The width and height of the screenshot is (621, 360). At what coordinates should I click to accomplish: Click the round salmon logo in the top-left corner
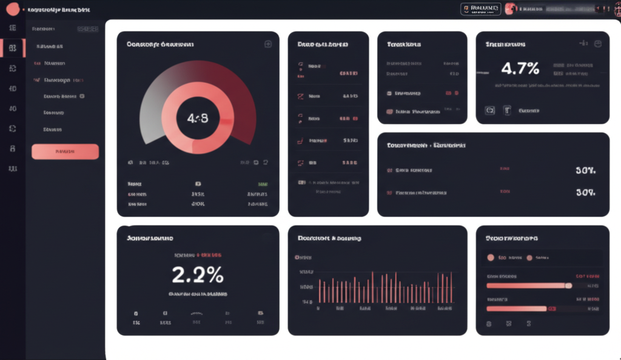[12, 10]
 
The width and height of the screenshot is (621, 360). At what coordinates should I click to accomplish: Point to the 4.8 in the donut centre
[197, 118]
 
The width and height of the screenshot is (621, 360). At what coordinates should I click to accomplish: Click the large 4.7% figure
[520, 68]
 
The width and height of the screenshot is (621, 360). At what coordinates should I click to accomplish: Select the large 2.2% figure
[198, 275]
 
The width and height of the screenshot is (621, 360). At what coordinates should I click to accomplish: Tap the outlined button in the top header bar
[480, 8]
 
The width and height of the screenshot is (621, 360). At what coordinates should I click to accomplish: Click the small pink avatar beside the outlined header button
[511, 8]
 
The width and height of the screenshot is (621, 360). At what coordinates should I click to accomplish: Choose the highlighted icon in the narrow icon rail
[13, 48]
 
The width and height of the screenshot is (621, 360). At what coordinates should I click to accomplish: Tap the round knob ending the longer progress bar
[568, 285]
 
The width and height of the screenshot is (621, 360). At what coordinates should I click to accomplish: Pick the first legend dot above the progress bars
[491, 258]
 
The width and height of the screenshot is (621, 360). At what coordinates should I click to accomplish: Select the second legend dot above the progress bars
[529, 258]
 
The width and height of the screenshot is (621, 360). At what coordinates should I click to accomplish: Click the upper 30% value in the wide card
[585, 171]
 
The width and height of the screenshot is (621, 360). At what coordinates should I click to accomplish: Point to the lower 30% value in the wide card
[585, 193]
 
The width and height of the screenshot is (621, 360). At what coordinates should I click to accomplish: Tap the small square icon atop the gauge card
[267, 44]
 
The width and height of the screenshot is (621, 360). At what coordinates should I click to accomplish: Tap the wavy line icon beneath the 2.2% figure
[196, 313]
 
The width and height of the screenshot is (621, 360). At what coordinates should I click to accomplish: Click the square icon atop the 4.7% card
[597, 44]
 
